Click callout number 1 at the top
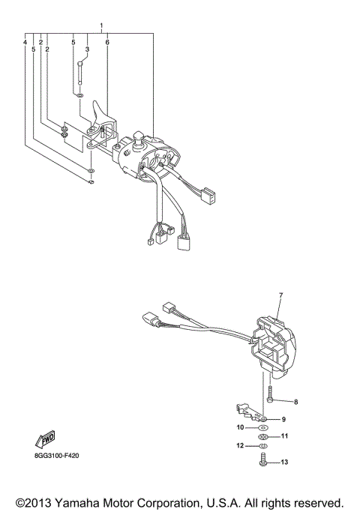click(102, 26)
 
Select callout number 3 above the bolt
click(88, 49)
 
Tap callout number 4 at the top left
click(25, 43)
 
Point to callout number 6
click(107, 43)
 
